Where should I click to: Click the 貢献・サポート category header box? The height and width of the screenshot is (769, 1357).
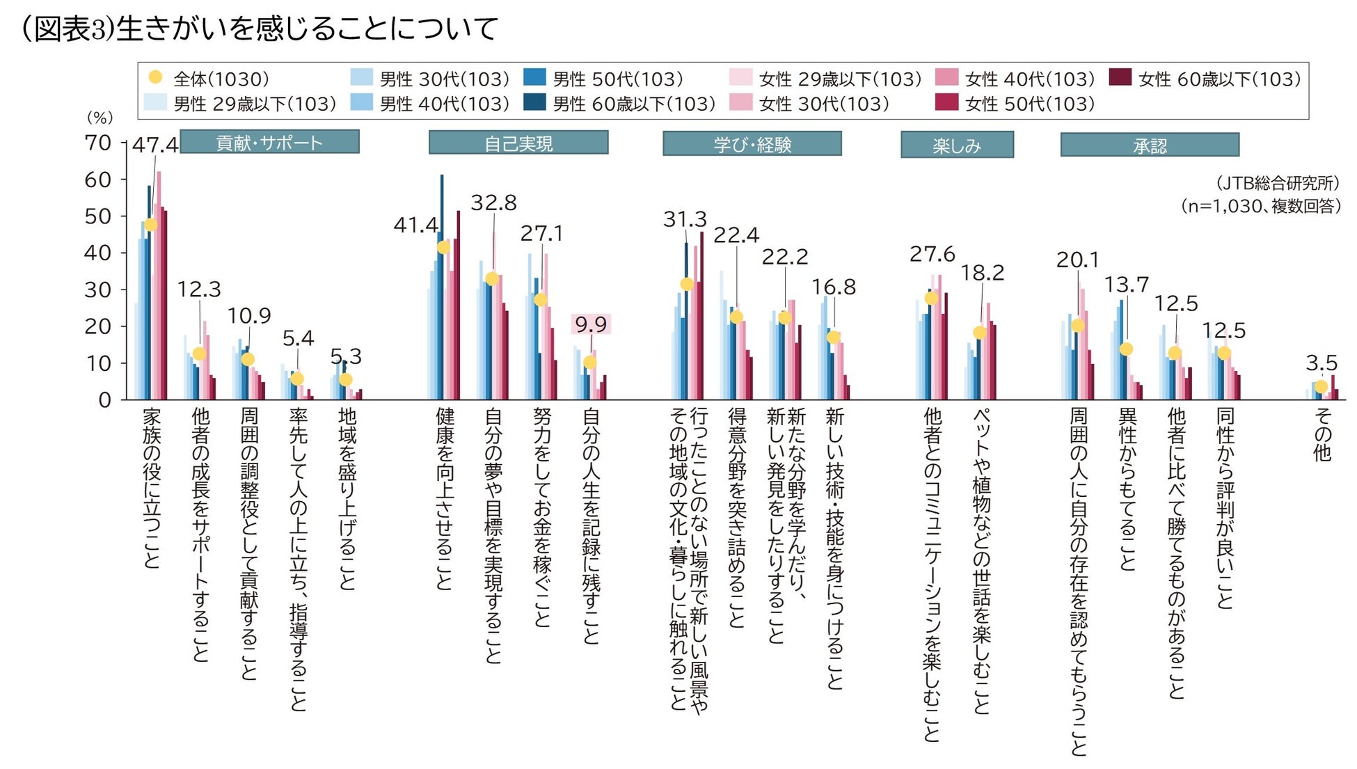click(x=269, y=142)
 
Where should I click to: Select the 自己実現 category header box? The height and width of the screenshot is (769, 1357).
click(x=518, y=143)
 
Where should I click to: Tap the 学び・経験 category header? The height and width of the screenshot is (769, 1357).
click(x=752, y=144)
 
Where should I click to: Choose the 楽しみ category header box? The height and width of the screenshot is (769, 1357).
click(x=957, y=145)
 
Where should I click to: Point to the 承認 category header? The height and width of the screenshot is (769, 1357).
click(x=1150, y=145)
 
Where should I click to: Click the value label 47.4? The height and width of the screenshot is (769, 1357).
click(x=155, y=145)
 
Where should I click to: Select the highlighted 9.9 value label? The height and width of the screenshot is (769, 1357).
click(x=591, y=324)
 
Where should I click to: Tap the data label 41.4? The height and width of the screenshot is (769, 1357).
click(x=415, y=225)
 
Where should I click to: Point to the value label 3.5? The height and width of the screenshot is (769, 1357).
click(x=1321, y=363)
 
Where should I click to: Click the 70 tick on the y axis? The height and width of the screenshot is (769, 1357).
click(x=97, y=143)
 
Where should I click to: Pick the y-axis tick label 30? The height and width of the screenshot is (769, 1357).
click(x=97, y=290)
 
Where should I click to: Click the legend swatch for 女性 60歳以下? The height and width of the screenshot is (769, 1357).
click(x=1120, y=77)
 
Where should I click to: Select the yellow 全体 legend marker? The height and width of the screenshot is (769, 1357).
click(x=156, y=77)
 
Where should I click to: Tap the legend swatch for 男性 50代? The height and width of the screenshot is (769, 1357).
click(x=534, y=77)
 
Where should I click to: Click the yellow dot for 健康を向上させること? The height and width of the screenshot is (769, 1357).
click(x=443, y=248)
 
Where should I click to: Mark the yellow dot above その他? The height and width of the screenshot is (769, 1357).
click(x=1321, y=387)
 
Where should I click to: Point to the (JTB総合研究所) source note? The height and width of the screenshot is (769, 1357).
click(x=1278, y=183)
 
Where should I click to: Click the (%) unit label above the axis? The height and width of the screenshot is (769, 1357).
click(x=100, y=118)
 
